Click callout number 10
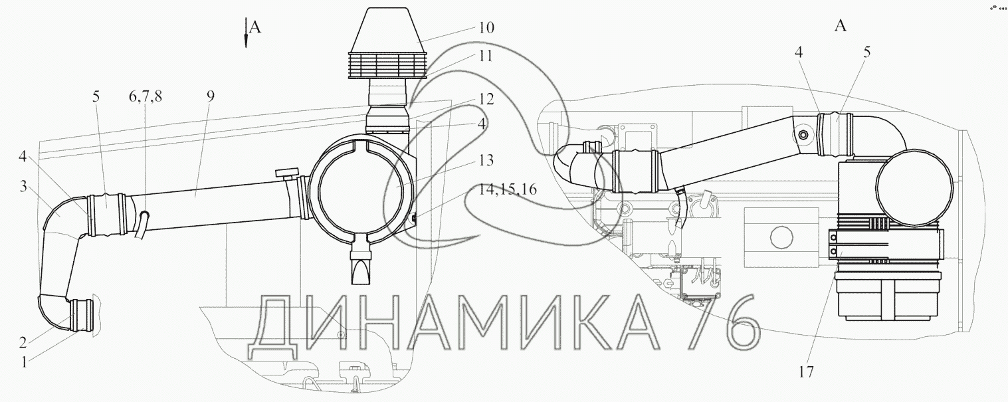click(486, 28)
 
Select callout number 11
click(485, 56)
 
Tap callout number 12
click(486, 98)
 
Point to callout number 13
click(486, 160)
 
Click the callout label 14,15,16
click(507, 189)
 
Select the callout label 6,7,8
click(146, 96)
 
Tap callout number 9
click(211, 96)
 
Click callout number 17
click(807, 372)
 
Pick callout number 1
click(25, 361)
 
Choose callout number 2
click(23, 342)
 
